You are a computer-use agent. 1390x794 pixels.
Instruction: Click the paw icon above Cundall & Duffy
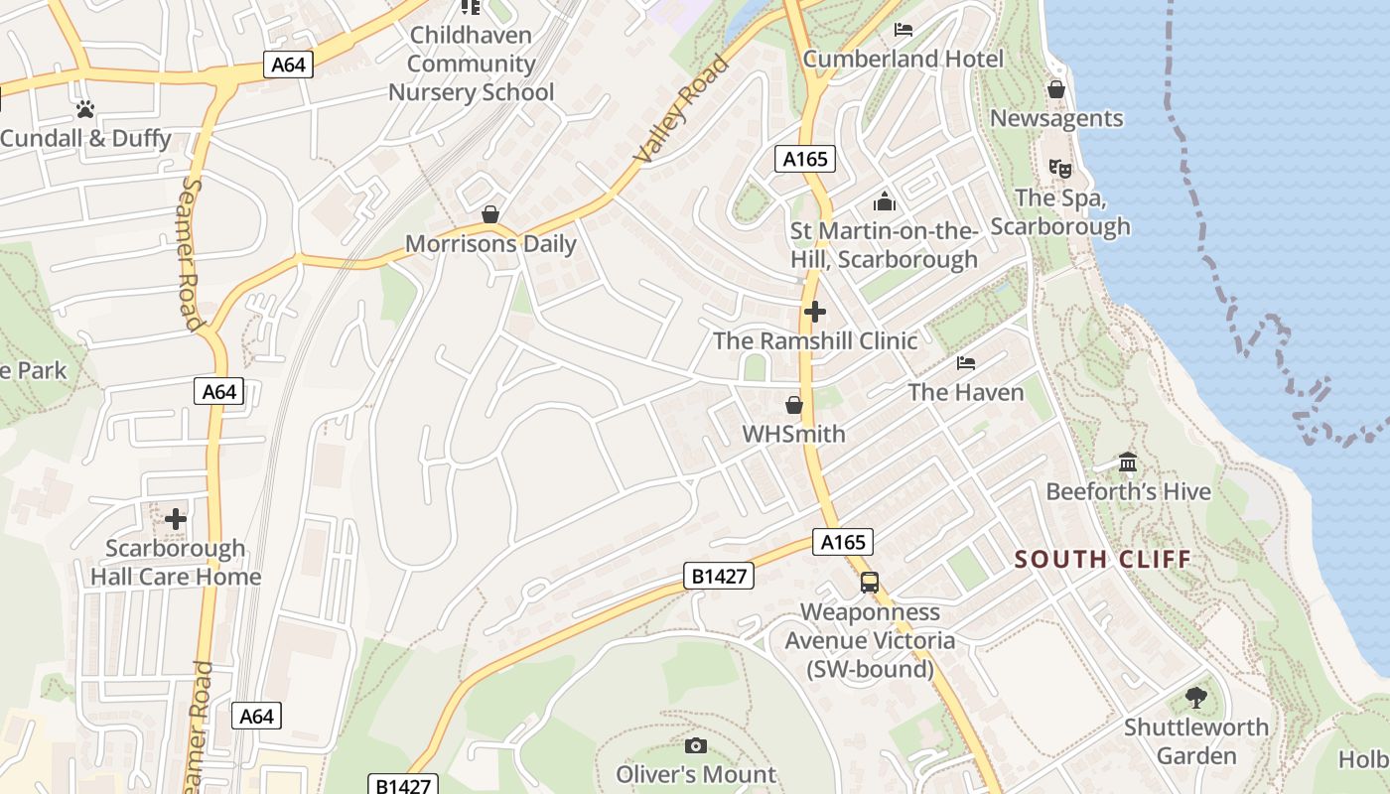[85, 109]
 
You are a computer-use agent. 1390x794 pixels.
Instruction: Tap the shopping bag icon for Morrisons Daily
[489, 214]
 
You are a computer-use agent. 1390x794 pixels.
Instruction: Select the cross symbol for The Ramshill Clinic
[814, 312]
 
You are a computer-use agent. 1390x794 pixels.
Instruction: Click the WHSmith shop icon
[793, 405]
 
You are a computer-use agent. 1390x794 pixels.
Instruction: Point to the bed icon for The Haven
[965, 363]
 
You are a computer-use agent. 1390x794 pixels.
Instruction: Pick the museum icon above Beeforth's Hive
[1127, 463]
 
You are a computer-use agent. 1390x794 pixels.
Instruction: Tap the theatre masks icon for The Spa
[1059, 169]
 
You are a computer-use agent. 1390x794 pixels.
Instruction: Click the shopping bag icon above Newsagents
[1055, 89]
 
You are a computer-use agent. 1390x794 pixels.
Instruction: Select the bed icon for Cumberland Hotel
[903, 30]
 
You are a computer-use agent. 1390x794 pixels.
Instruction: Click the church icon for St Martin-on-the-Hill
[884, 202]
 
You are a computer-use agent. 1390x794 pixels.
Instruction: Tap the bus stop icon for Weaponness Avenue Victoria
[869, 583]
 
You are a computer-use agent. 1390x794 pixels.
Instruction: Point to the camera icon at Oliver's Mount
[696, 745]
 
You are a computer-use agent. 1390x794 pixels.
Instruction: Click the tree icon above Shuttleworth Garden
[1195, 698]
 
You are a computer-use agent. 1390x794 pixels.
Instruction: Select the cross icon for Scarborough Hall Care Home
[176, 519]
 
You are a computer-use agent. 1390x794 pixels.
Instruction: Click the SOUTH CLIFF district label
[1102, 560]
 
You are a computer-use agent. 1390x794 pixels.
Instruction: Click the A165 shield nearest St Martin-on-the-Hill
[804, 159]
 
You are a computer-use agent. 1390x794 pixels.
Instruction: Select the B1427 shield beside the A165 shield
[719, 576]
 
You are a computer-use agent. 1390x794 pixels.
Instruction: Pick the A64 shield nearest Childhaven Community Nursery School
[289, 66]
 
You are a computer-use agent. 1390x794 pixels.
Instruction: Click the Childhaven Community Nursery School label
[471, 64]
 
